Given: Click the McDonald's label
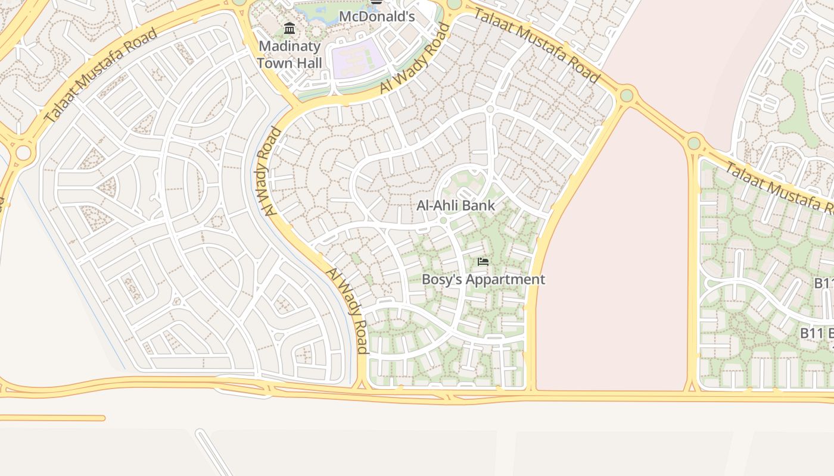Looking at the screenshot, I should coord(376,16).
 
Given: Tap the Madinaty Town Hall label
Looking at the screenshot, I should coord(290,54).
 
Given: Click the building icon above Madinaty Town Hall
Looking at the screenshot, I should coord(290,28).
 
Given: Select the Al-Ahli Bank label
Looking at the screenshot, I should coord(456,206).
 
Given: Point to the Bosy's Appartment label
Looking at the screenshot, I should coord(483,279).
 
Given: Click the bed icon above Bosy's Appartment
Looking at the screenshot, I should coord(483,261).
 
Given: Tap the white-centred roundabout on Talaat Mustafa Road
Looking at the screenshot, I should coord(23,153).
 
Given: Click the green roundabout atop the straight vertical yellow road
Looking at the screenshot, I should coord(693,143).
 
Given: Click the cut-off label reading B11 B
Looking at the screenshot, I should coord(816,333).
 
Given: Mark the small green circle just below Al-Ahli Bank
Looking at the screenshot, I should coord(443,220).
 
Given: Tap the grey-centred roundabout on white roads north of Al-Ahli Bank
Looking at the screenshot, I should coord(490,109).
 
